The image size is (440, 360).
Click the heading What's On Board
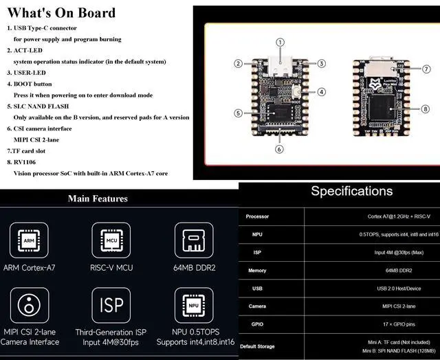tap(61, 12)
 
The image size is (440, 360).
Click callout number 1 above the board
tap(280, 42)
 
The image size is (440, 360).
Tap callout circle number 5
tap(238, 113)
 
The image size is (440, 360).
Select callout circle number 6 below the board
tap(279, 149)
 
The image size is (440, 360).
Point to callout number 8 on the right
tap(426, 109)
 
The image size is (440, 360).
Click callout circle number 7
tap(426, 69)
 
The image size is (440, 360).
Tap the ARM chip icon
tap(29, 240)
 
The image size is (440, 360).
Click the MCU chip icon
tap(112, 240)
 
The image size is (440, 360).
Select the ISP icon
tap(112, 306)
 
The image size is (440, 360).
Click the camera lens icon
tap(29, 306)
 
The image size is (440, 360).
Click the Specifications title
tap(351, 191)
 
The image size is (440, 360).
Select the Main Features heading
tap(98, 199)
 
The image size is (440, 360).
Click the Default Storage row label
tap(257, 346)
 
